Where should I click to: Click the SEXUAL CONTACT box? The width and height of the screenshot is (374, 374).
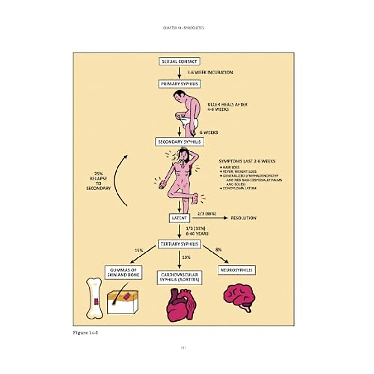(179, 61)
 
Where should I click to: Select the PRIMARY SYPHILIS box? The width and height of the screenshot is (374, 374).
(179, 84)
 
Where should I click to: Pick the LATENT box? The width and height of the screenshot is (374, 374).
(180, 218)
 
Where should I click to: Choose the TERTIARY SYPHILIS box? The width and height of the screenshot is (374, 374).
(179, 244)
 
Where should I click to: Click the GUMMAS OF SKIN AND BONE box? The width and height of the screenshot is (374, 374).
(123, 272)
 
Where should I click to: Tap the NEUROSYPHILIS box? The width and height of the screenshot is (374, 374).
(236, 270)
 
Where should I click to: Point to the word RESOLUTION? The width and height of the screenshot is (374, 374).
(243, 218)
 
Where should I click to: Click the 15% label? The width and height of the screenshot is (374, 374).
(139, 250)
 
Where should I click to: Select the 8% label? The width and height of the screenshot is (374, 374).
(218, 249)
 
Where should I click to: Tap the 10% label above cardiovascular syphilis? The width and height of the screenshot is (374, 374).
(186, 257)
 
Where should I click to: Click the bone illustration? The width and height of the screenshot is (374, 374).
(94, 298)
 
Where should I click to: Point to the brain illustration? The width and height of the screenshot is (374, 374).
(239, 296)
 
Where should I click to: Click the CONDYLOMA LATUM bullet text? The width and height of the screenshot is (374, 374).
(239, 188)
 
